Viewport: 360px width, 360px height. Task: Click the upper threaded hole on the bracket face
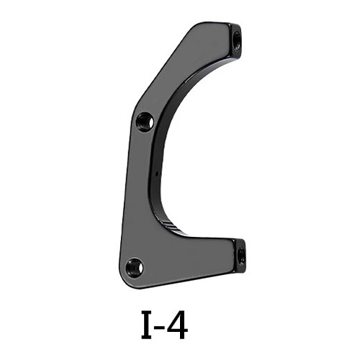coord(145,122)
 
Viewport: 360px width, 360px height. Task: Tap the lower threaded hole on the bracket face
coord(135,267)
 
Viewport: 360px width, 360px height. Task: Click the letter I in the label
coord(148,325)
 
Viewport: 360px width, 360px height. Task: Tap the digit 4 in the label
coord(176,325)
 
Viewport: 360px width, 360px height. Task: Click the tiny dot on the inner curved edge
coord(156,173)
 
